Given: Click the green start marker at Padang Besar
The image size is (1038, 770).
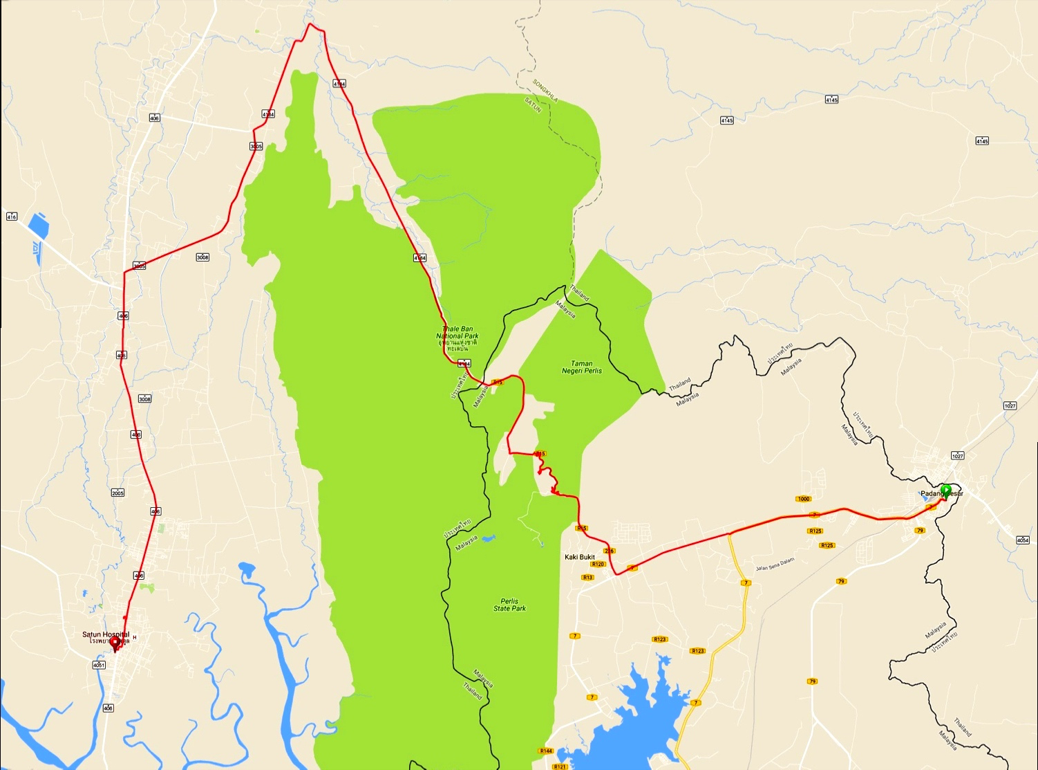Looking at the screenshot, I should (x=946, y=491).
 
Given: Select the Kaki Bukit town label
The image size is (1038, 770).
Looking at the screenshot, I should (x=580, y=557).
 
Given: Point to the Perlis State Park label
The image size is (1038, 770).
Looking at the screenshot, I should (x=510, y=605).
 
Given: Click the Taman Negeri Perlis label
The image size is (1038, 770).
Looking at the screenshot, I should (x=582, y=367).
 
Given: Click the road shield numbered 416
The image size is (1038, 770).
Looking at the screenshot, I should (x=11, y=217).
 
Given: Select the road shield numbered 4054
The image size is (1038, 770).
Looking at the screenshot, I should (x=1023, y=540).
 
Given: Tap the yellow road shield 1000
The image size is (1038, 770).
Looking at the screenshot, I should (x=803, y=499).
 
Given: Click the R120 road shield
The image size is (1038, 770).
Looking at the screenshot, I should (x=598, y=565).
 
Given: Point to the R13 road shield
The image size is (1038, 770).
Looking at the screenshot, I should (x=588, y=577).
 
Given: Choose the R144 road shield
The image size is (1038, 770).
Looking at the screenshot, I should (x=546, y=751).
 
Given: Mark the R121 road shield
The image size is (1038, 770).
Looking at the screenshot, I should (x=560, y=767).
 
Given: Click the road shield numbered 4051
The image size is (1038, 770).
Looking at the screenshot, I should (x=99, y=665).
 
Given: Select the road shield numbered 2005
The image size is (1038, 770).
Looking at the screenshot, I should (x=117, y=493).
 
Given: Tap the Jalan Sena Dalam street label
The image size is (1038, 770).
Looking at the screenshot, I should (x=775, y=564).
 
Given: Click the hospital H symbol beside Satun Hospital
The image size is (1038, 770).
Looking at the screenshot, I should (x=135, y=637).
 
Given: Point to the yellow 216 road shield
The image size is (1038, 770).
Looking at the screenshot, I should (x=609, y=551).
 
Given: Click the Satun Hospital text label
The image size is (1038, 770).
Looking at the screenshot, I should (x=105, y=634).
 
